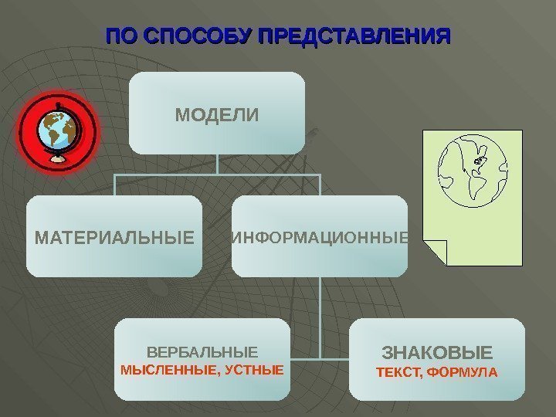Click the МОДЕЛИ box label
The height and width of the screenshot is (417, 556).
(217, 116)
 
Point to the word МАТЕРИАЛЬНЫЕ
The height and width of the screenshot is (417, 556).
(114, 236)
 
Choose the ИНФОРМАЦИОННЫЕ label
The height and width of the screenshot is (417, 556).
(320, 236)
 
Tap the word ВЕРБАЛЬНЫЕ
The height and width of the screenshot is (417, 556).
(203, 351)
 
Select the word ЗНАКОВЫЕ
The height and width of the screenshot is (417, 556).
(437, 354)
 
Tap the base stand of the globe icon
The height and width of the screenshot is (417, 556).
(58, 158)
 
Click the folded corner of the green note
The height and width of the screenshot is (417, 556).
(436, 253)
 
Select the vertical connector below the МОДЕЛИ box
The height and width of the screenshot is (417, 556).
(217, 164)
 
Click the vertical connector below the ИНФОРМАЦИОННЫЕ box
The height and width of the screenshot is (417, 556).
(320, 317)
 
